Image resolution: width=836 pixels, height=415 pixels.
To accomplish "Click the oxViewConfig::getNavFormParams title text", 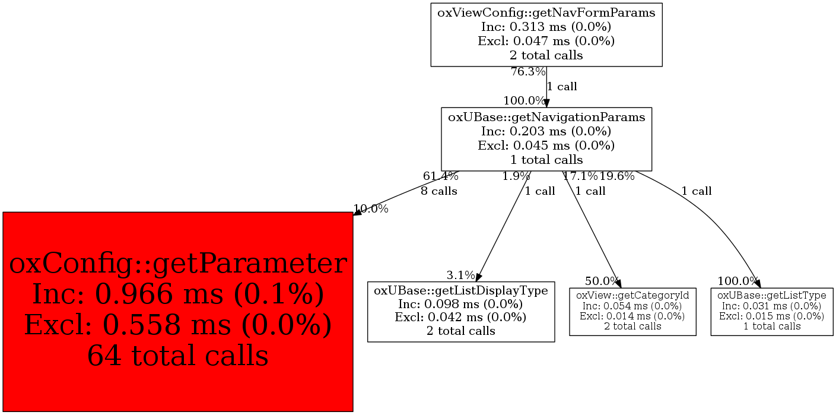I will click(x=546, y=12).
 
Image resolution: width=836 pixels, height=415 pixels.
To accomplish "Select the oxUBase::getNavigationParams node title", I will click(x=546, y=117).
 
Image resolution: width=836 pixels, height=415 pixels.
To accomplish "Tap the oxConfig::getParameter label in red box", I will click(x=178, y=264).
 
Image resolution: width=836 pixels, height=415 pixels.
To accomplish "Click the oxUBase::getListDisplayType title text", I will click(x=461, y=291).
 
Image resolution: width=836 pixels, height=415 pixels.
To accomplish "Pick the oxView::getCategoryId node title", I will click(x=632, y=295).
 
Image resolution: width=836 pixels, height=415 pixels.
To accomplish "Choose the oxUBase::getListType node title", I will click(x=772, y=295).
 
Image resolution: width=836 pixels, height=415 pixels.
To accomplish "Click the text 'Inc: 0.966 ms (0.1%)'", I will click(x=178, y=295).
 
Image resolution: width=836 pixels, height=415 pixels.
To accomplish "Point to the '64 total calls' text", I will click(x=178, y=356).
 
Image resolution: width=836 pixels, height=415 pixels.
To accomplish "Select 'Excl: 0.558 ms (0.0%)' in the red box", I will click(x=178, y=325).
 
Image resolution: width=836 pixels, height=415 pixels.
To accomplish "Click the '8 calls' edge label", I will click(x=439, y=191).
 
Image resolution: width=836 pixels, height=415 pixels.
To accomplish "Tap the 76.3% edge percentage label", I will click(x=528, y=72).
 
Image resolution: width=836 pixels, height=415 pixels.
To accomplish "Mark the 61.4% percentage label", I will click(x=440, y=176).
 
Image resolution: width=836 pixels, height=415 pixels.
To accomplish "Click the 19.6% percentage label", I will click(x=617, y=176).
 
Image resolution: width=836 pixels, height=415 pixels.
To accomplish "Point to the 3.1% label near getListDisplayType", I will click(x=460, y=275).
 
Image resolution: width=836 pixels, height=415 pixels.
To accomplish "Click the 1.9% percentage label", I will click(x=516, y=176).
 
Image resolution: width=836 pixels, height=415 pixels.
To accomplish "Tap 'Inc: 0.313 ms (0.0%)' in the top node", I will click(x=546, y=27).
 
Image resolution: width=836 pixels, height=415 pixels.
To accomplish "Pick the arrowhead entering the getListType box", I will click(x=757, y=283).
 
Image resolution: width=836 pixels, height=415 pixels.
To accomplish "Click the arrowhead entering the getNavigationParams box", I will click(x=546, y=103).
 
